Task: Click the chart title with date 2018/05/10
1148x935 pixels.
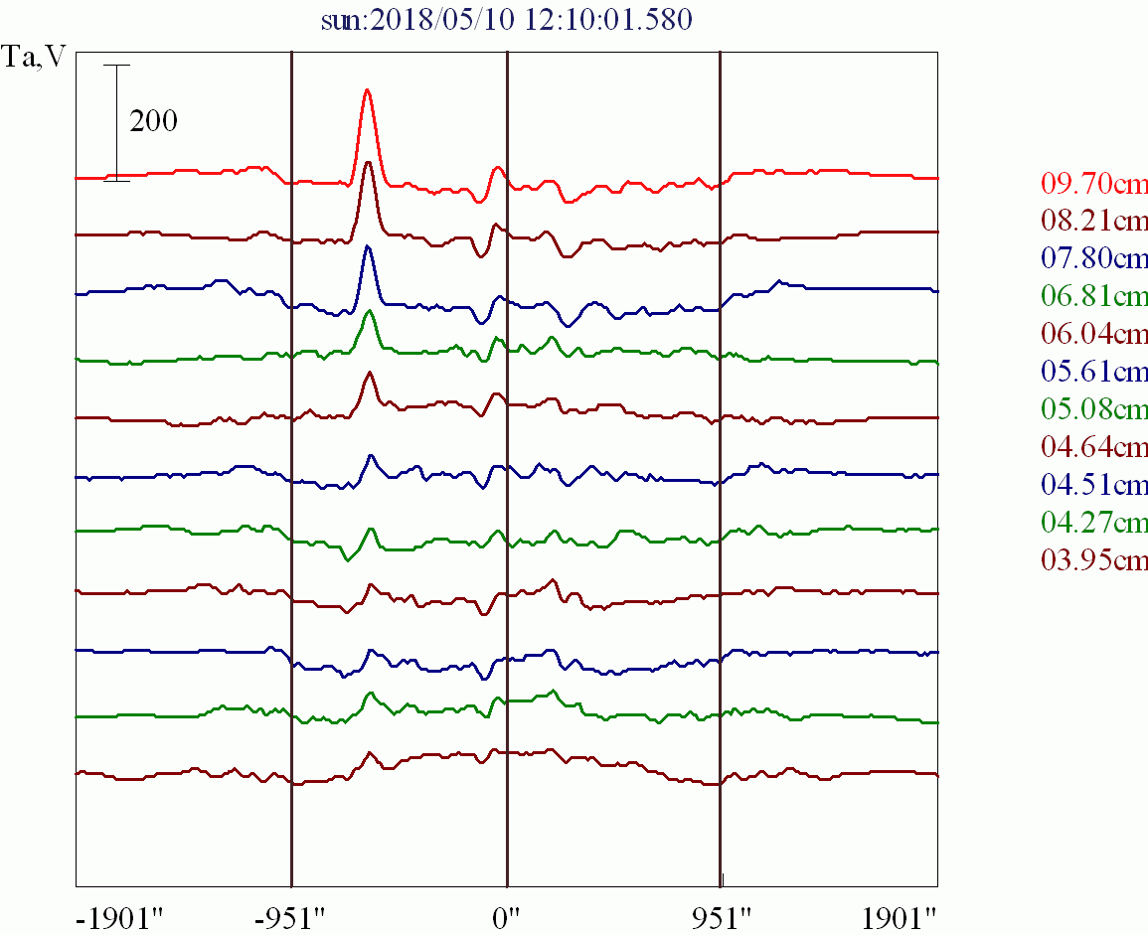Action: coord(506,21)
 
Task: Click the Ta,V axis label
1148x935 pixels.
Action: coord(36,58)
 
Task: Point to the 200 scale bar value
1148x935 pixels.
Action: coord(153,122)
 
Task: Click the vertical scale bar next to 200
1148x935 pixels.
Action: coord(117,122)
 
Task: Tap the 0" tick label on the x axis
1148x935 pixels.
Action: coord(507,916)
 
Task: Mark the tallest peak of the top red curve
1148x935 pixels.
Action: coord(368,90)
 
